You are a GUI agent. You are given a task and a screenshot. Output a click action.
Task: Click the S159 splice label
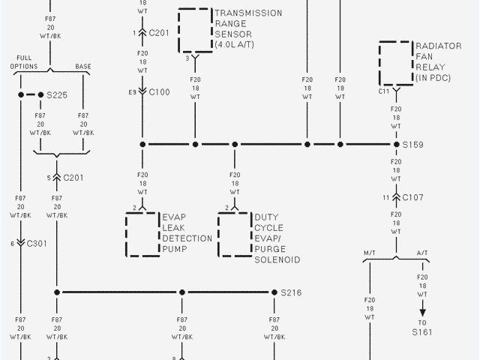pyautogui.click(x=413, y=144)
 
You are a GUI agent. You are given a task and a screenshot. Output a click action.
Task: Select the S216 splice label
pyautogui.click(x=291, y=292)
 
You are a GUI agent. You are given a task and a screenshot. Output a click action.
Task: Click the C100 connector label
pyautogui.click(x=160, y=91)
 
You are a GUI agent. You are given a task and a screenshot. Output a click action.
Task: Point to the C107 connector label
pyautogui.click(x=413, y=198)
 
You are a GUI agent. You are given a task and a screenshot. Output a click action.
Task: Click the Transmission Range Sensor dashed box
pyautogui.click(x=193, y=29)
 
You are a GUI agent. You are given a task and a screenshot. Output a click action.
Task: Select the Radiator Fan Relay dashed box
pyautogui.click(x=395, y=63)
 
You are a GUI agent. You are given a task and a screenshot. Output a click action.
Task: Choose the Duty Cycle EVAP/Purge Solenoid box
pyautogui.click(x=234, y=234)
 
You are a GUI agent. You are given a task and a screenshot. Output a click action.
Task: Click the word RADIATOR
pyautogui.click(x=439, y=46)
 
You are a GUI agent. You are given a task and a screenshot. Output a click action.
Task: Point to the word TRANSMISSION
pyautogui.click(x=248, y=13)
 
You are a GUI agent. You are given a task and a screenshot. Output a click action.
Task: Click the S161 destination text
pyautogui.click(x=421, y=331)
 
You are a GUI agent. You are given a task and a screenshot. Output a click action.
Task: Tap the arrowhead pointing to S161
pyautogui.click(x=421, y=312)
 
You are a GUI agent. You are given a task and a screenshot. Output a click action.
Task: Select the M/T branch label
pyautogui.click(x=370, y=253)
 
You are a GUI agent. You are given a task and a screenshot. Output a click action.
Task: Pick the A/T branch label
pyautogui.click(x=422, y=253)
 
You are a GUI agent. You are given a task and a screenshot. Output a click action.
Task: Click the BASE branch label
pyautogui.click(x=82, y=66)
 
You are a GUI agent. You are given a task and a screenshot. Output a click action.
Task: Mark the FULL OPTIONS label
pyautogui.click(x=24, y=62)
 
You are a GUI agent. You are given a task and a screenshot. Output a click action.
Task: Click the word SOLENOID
pyautogui.click(x=277, y=259)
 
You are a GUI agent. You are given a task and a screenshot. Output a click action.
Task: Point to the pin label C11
pyautogui.click(x=384, y=91)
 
